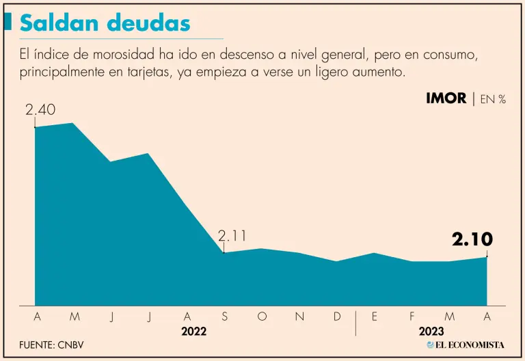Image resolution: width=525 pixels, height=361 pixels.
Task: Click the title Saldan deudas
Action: tap(105, 23)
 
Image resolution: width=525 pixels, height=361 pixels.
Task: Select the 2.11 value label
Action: tap(232, 236)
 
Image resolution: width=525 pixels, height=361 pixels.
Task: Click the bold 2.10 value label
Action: tap(472, 239)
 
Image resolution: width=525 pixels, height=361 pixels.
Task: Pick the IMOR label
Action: tap(446, 98)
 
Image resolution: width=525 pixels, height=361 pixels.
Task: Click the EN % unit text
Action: tap(492, 99)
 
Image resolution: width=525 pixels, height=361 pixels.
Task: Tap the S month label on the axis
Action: tap(224, 316)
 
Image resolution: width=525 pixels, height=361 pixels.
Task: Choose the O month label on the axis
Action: tap(262, 316)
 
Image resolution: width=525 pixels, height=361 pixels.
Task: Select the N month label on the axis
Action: tap(299, 316)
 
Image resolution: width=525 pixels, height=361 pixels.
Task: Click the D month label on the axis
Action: tap(337, 316)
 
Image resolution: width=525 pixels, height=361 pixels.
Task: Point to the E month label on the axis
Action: tap(375, 316)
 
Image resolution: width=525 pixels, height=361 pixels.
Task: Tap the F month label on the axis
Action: tap(412, 316)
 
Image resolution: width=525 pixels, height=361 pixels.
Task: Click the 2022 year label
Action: tap(193, 332)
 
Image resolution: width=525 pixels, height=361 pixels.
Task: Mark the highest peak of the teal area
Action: tap(72, 123)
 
